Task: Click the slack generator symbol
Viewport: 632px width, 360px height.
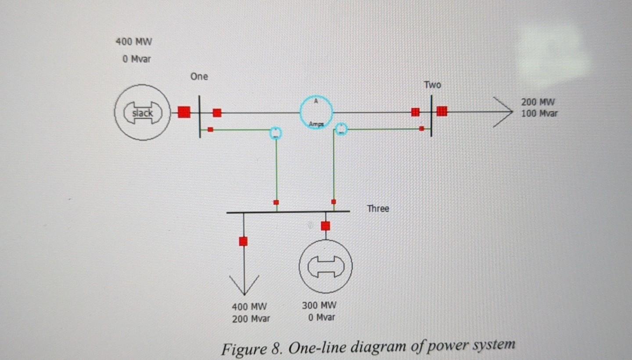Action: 143,113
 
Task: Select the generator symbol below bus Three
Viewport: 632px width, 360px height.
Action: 325,266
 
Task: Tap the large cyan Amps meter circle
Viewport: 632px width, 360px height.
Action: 316,112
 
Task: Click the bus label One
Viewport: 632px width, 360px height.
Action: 199,77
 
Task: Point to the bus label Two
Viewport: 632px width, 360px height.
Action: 432,85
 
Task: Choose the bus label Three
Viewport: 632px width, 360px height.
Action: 378,209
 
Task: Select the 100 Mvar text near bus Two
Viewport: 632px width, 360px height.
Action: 539,113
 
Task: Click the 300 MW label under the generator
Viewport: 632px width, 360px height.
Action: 319,306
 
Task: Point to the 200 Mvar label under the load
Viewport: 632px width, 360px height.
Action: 251,319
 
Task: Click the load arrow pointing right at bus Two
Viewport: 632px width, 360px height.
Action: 503,112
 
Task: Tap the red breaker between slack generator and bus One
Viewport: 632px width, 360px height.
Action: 184,112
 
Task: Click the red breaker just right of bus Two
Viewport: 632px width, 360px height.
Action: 442,112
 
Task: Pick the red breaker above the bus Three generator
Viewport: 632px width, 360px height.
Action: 325,226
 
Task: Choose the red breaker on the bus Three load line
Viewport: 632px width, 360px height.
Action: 243,241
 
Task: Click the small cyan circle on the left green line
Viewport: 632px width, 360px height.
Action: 275,132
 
